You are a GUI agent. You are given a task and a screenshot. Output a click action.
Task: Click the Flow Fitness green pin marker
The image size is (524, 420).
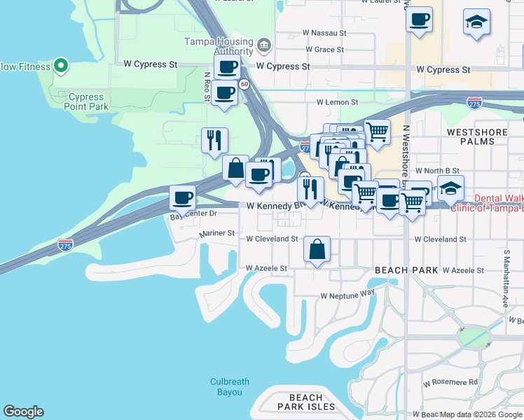(x=61, y=66)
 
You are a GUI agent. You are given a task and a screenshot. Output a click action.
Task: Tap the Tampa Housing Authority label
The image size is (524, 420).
(x=219, y=46)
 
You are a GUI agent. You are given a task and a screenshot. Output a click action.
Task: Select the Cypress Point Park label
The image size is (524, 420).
(x=88, y=102)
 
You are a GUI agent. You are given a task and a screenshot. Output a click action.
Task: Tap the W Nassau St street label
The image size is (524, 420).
(x=324, y=33)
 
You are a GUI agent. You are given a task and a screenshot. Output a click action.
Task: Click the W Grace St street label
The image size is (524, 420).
(x=324, y=50)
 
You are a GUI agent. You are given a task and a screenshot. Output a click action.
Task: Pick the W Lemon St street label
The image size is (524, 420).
(x=337, y=102)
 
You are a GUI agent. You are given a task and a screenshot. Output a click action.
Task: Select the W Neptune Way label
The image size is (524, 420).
(x=348, y=295)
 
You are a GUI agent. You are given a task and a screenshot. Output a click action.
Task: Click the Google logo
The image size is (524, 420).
(x=23, y=412)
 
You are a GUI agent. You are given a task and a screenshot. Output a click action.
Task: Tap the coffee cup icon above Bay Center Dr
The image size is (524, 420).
(x=182, y=197)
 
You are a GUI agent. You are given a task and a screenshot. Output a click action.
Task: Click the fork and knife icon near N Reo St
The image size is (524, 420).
(x=214, y=140)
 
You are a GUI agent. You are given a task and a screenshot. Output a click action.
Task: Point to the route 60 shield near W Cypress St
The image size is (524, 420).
(x=244, y=84)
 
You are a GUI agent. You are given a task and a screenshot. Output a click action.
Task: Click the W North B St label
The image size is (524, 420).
(x=436, y=171)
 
